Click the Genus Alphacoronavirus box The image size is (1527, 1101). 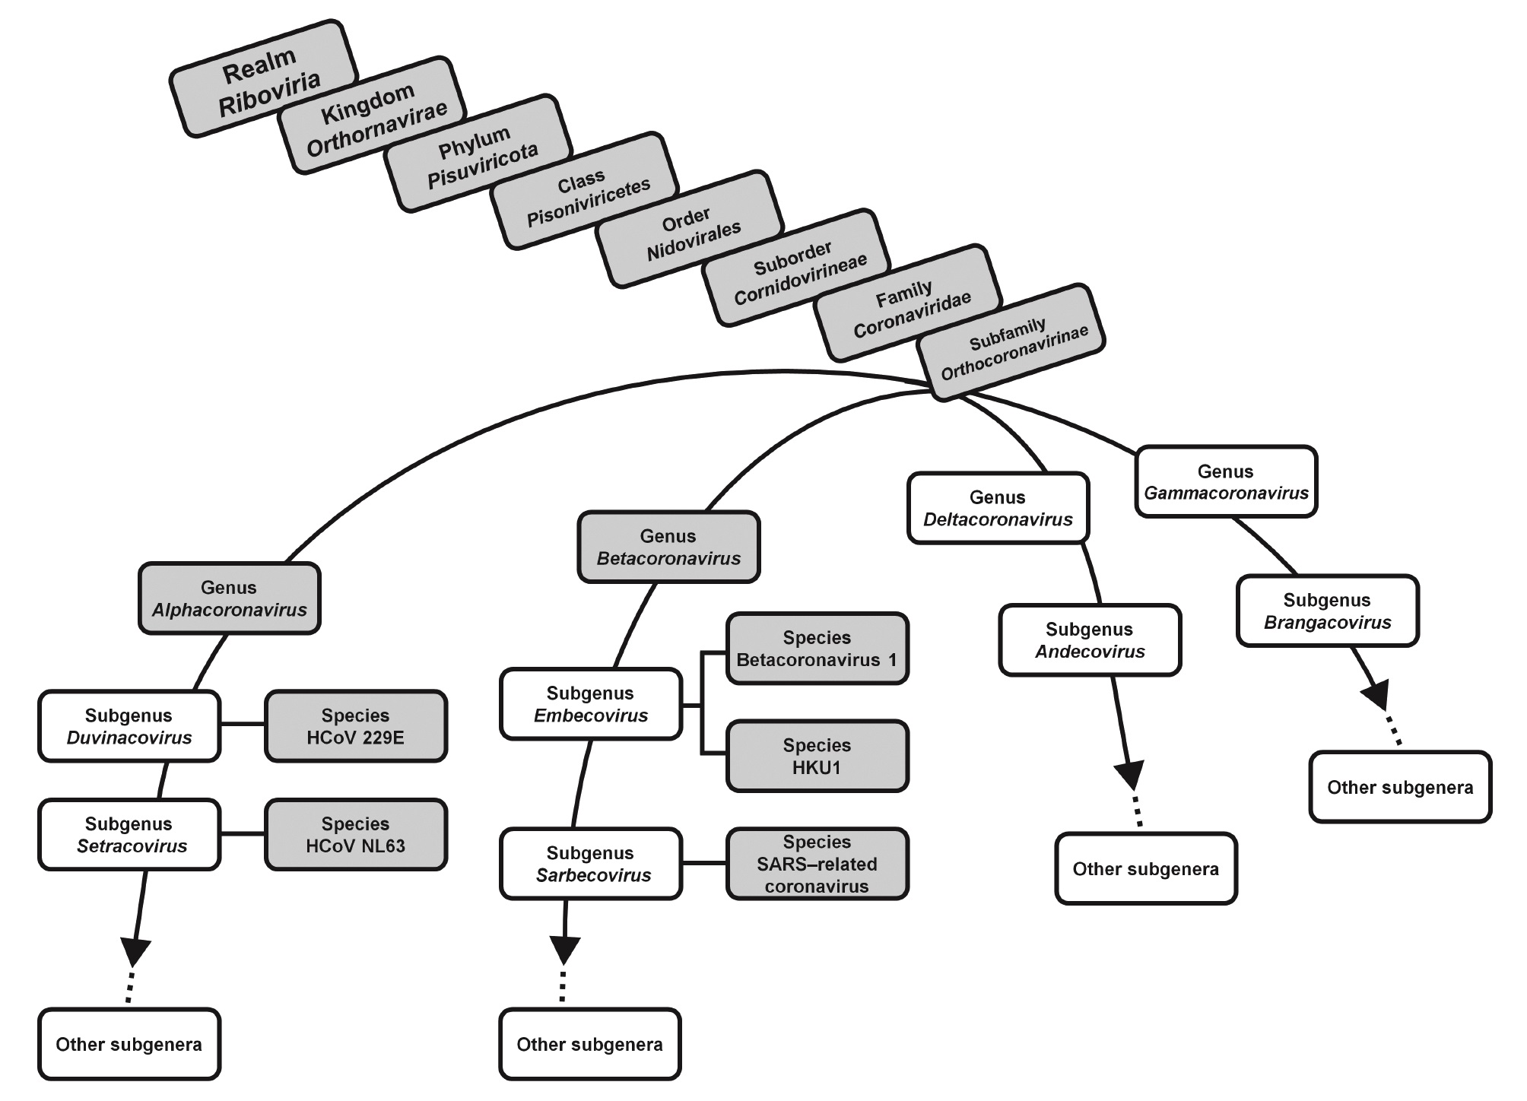pyautogui.click(x=229, y=598)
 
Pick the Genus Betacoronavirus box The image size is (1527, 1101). pyautogui.click(x=668, y=547)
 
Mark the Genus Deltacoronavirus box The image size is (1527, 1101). pyautogui.click(x=998, y=508)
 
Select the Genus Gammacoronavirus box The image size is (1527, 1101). pyautogui.click(x=1226, y=482)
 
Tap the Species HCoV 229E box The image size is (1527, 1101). pyautogui.click(x=355, y=726)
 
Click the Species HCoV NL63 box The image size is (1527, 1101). pyautogui.click(x=355, y=834)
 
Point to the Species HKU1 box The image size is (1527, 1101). pyautogui.click(x=817, y=756)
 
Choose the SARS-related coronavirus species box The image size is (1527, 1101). pyautogui.click(x=817, y=864)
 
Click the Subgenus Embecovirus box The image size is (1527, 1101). pyautogui.click(x=590, y=704)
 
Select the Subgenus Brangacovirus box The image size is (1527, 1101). pyautogui.click(x=1327, y=611)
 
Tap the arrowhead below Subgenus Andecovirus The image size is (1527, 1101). pyautogui.click(x=1131, y=776)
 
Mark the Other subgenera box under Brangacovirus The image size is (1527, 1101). pyautogui.click(x=1400, y=787)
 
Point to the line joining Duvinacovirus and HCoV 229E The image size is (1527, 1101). pyautogui.click(x=242, y=725)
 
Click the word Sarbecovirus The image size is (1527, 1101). pyautogui.click(x=593, y=875)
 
